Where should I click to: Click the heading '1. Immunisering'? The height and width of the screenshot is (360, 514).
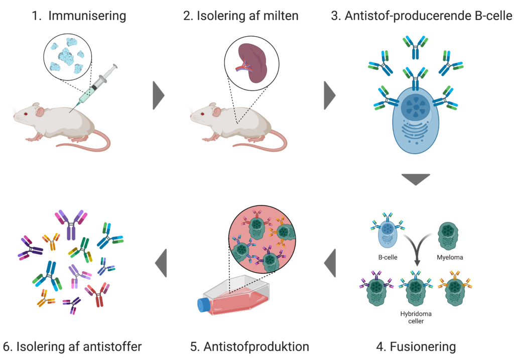pos(79,16)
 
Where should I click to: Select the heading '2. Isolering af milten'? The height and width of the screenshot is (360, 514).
pos(240,16)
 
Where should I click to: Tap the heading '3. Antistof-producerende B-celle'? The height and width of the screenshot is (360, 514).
pos(422,16)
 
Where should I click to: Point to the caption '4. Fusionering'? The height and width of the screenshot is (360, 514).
pos(416,346)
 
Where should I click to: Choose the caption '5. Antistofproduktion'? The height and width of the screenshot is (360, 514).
pos(249,346)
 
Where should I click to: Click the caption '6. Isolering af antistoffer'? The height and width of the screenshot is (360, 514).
pos(72,346)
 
